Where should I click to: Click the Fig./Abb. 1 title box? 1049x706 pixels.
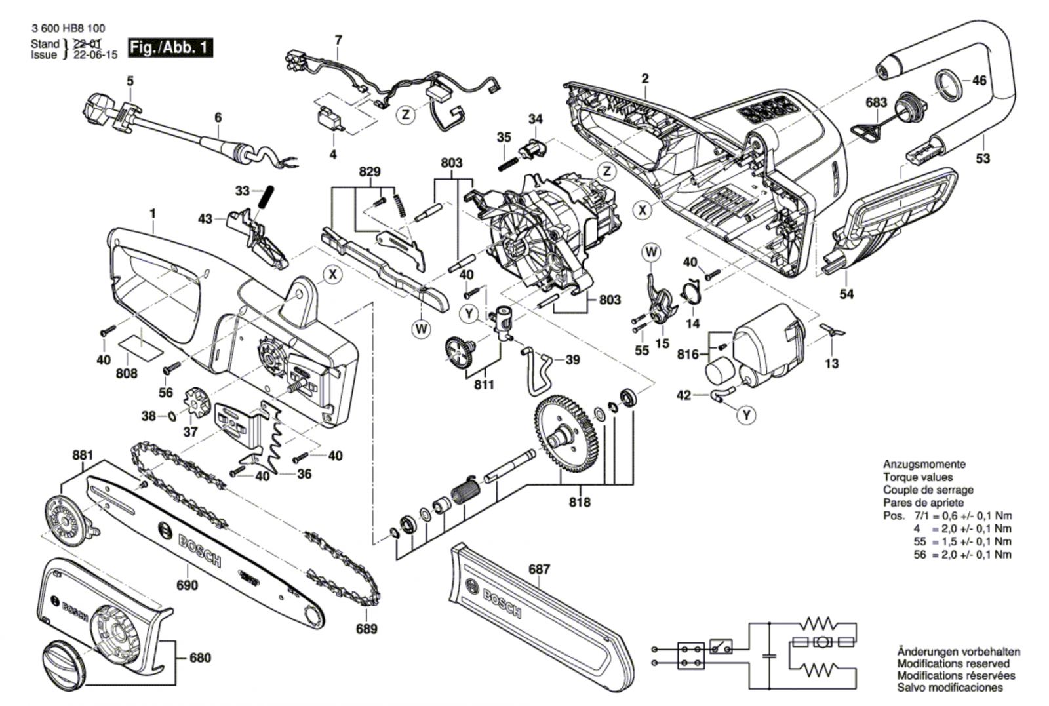171,48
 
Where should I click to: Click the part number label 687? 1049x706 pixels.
540,569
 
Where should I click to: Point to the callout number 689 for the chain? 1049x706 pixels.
366,629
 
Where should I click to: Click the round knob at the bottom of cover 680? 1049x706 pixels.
64,664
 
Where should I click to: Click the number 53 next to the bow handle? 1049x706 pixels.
983,158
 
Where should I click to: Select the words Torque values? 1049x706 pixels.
918,477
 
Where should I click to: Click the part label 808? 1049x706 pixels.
127,373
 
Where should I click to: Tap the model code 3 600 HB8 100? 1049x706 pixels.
68,29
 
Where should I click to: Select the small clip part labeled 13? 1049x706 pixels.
831,331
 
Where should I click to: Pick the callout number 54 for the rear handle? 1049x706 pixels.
847,294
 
